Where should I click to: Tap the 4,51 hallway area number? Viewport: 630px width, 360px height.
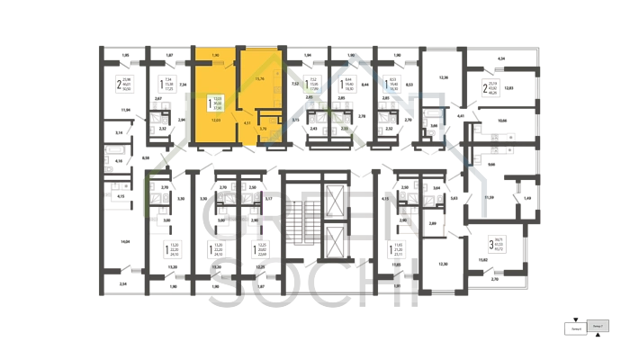pos(247,122)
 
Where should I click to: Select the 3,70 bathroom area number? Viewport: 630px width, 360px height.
pos(262,130)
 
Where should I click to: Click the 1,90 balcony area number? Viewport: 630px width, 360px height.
pos(216,56)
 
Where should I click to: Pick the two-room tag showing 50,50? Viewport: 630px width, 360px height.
pos(124,85)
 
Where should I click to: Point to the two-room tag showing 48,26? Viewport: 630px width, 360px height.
pos(490,88)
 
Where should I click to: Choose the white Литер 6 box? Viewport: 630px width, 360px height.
pos(574,328)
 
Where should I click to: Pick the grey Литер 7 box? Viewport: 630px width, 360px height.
pos(598,325)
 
